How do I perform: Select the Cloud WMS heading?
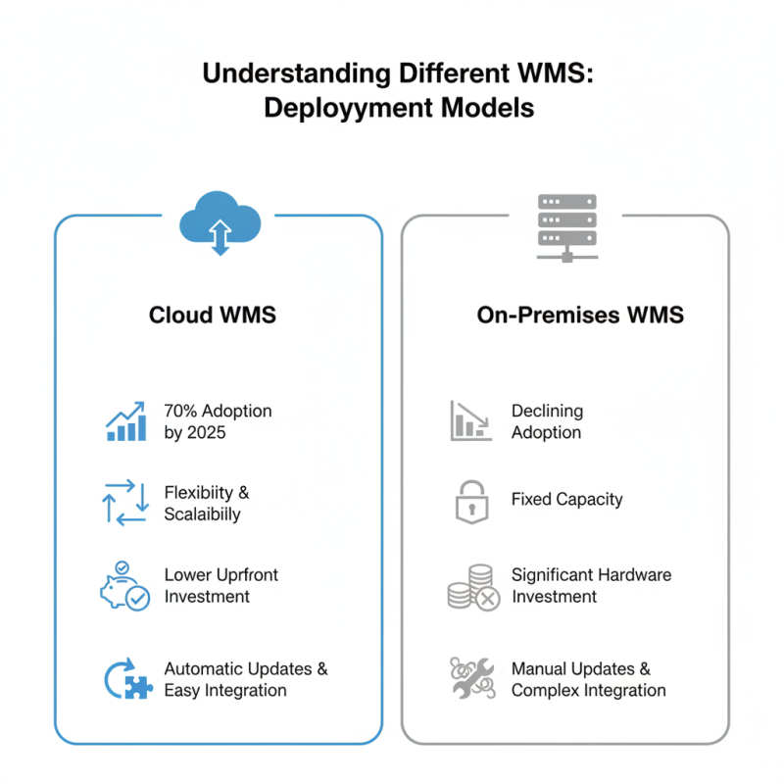(x=213, y=315)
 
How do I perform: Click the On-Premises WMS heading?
(x=566, y=315)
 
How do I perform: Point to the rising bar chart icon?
(x=125, y=421)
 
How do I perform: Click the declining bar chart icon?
(x=471, y=420)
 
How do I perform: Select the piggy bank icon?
(x=124, y=586)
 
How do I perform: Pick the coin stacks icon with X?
(x=472, y=587)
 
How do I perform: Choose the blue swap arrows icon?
(x=125, y=503)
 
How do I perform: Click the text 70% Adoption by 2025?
(x=218, y=421)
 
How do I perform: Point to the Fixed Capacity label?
(x=566, y=500)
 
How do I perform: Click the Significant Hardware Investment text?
(x=591, y=586)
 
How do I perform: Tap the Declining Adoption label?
(x=547, y=421)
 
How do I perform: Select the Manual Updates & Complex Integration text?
(x=588, y=679)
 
